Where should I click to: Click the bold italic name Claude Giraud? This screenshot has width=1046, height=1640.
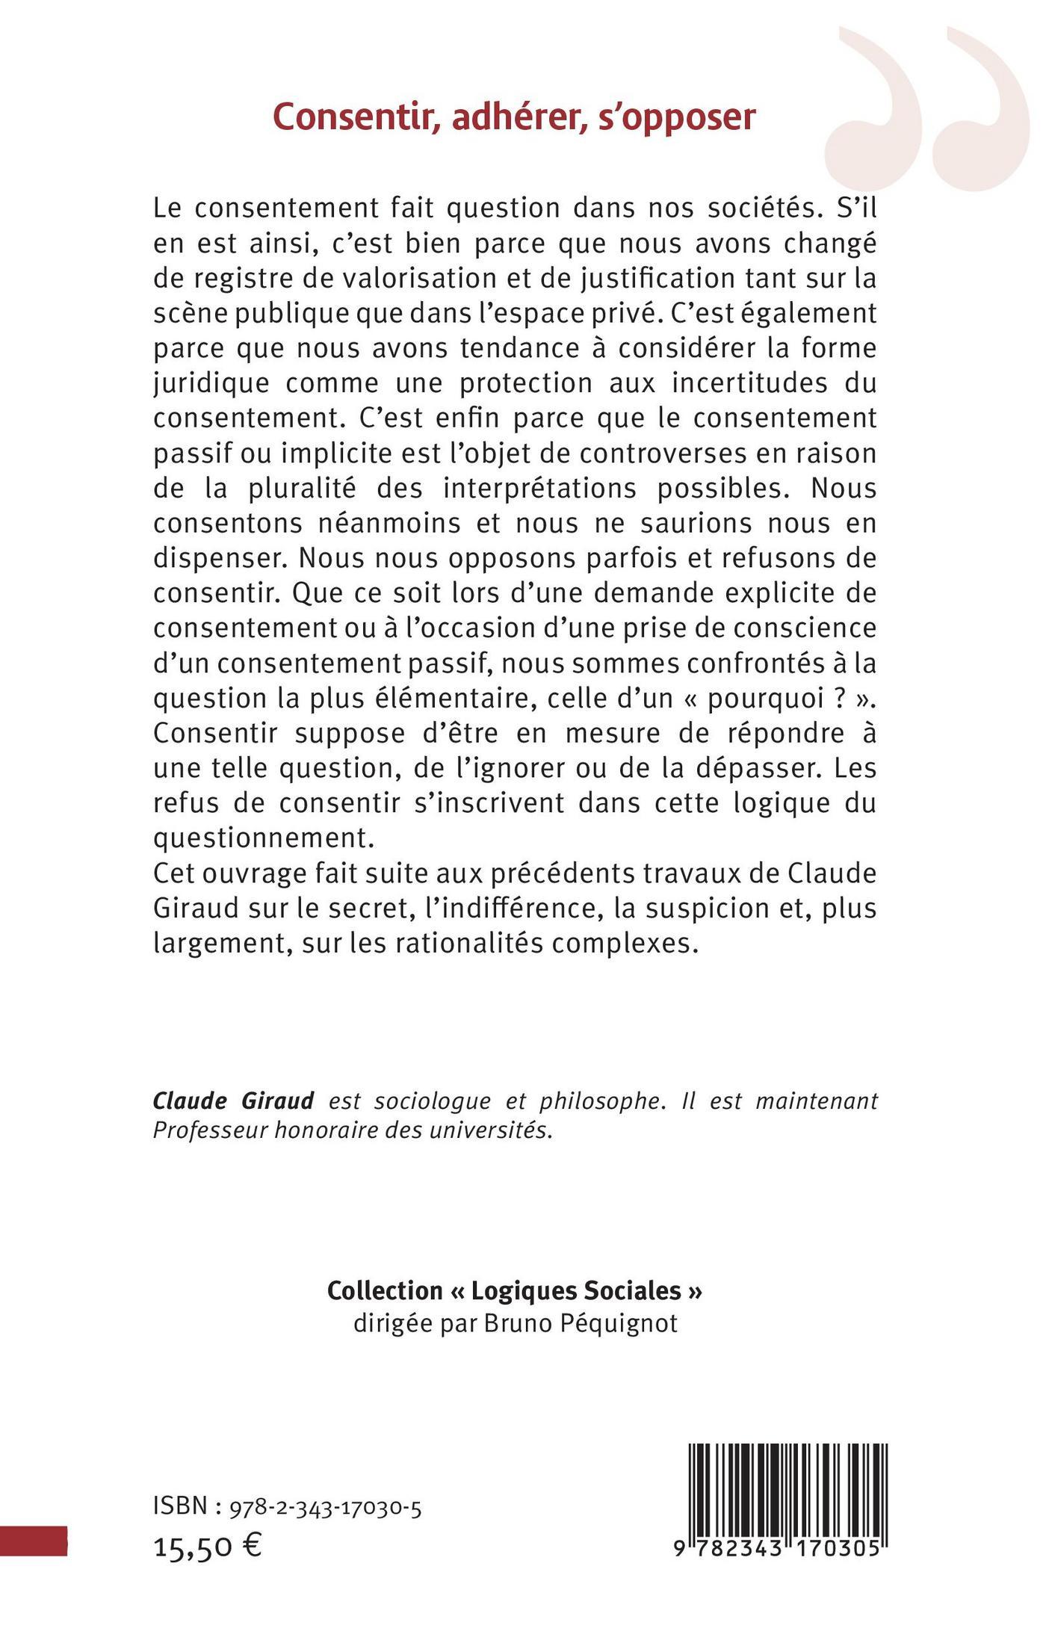pyautogui.click(x=233, y=1101)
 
